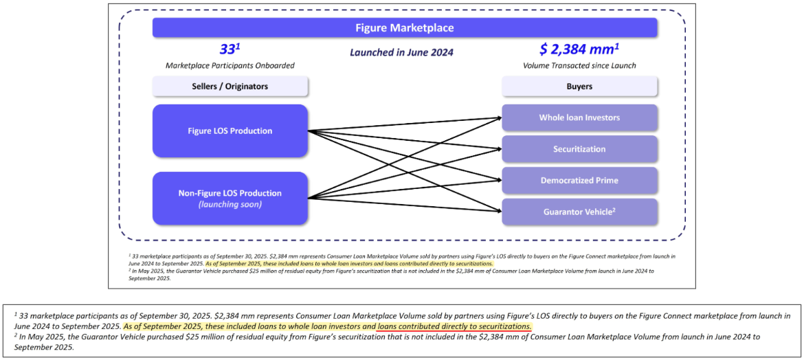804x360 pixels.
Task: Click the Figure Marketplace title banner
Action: pyautogui.click(x=404, y=28)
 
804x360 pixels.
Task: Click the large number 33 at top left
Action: pyautogui.click(x=227, y=49)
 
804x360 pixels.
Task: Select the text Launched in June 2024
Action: pyautogui.click(x=401, y=52)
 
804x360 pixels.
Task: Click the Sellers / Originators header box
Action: pyautogui.click(x=230, y=87)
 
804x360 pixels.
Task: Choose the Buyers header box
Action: pyautogui.click(x=579, y=87)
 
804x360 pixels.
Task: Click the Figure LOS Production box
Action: pyautogui.click(x=230, y=131)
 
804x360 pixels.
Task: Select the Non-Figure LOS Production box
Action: pyautogui.click(x=230, y=198)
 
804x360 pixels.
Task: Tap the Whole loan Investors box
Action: pyautogui.click(x=579, y=117)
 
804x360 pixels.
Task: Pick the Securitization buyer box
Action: pyautogui.click(x=579, y=149)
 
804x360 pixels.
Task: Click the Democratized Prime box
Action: pyautogui.click(x=579, y=180)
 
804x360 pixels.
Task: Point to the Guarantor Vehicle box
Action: pyautogui.click(x=579, y=212)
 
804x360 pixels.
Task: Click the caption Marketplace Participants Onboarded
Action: pyautogui.click(x=230, y=66)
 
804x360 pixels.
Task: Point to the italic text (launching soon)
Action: pyautogui.click(x=230, y=205)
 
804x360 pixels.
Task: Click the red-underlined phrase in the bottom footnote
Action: pyautogui.click(x=454, y=326)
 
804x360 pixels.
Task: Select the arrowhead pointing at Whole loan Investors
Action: pyautogui.click(x=499, y=118)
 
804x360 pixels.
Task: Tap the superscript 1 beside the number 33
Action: pyautogui.click(x=238, y=45)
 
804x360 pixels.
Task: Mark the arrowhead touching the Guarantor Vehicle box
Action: pyautogui.click(x=499, y=210)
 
